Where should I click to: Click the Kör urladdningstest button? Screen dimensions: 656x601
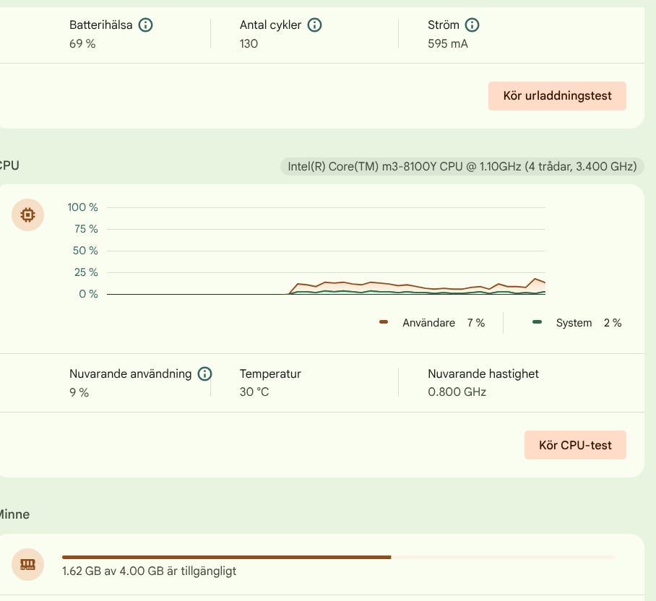557,96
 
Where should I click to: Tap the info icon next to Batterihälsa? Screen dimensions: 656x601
146,25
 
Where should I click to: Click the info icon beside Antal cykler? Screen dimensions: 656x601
314,25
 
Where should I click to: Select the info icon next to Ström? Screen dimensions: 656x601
472,25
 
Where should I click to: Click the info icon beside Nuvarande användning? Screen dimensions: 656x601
204,373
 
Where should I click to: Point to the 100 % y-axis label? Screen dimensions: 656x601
82,207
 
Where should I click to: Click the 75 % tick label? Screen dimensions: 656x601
86,229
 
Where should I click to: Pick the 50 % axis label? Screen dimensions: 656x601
85,251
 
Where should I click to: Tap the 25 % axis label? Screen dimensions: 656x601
86,272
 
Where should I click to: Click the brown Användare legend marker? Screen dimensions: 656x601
383,322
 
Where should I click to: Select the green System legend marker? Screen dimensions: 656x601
538,322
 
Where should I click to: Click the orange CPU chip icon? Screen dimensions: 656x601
27,215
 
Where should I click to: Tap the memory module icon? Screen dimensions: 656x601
27,565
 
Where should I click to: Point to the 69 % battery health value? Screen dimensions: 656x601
82,44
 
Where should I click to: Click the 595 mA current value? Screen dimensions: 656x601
448,44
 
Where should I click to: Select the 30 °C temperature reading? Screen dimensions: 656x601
254,392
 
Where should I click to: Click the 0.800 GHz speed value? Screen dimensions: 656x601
457,392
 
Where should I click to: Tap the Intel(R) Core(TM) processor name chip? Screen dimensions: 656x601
462,166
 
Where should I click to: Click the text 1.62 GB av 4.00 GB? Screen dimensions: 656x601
113,571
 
